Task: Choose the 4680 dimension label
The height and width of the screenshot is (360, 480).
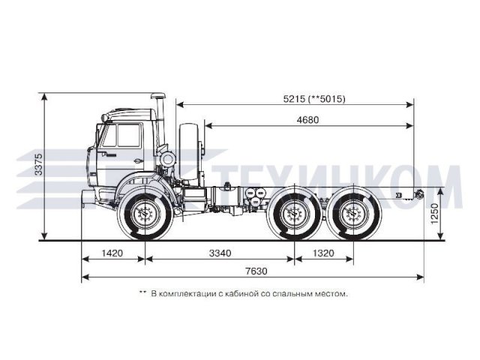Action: pyautogui.click(x=312, y=120)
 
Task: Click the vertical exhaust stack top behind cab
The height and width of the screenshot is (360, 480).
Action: pyautogui.click(x=159, y=97)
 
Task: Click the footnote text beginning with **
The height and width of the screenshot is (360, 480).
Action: pyautogui.click(x=244, y=293)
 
